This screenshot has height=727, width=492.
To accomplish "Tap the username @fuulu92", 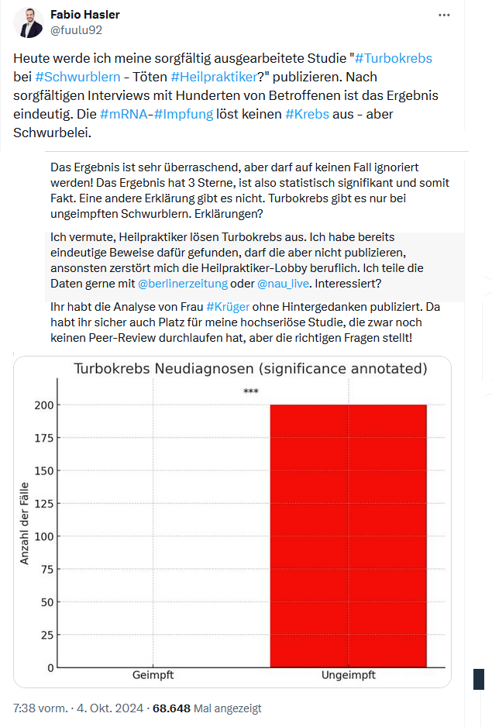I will [76, 30].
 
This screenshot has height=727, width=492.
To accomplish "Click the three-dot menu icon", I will [444, 16].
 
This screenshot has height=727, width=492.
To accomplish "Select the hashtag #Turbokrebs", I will [393, 58].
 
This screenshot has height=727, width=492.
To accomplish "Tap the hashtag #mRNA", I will [125, 114].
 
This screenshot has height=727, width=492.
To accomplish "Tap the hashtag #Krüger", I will [228, 306].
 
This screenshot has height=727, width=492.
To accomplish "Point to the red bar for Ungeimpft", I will [348, 535].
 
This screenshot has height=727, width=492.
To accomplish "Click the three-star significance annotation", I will [250, 391].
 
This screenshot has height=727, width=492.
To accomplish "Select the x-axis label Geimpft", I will [153, 675].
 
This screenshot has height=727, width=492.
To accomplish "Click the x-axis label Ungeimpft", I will [348, 675].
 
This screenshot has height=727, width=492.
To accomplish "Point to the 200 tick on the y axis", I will [44, 405].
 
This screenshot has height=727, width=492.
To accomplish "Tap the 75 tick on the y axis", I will [47, 569].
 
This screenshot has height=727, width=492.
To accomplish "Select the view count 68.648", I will [171, 708].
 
